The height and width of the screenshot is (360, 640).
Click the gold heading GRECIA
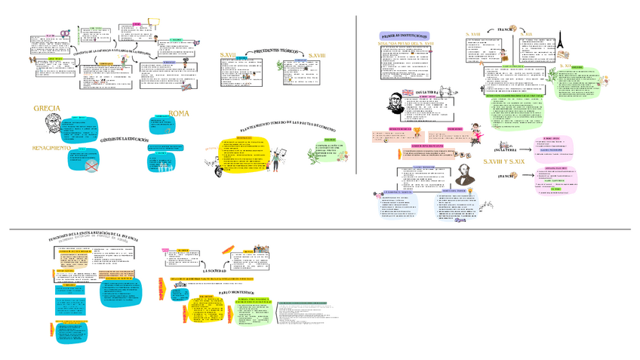[48, 109]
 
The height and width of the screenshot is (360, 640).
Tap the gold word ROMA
[179, 113]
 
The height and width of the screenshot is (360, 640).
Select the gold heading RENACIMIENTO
[51, 148]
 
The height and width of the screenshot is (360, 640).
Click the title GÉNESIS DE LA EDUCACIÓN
[124, 141]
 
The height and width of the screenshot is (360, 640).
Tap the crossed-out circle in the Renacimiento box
[92, 165]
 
